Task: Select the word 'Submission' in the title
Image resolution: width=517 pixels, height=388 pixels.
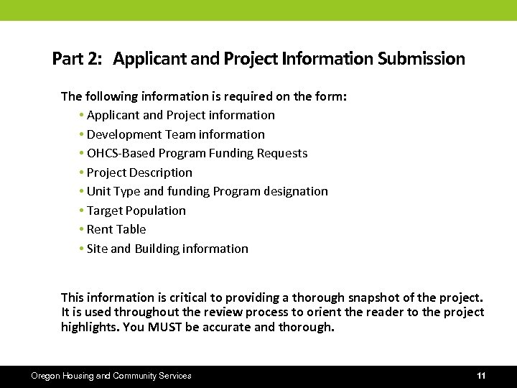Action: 421,59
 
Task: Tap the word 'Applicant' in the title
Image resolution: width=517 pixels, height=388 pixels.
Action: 144,59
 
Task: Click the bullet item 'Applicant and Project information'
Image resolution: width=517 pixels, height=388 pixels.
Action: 180,115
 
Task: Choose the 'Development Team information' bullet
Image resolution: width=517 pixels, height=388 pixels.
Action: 175,134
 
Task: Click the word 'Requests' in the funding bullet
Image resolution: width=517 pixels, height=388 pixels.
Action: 283,153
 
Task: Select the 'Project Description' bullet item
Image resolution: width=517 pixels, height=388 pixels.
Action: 139,172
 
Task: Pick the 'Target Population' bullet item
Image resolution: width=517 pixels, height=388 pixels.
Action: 136,211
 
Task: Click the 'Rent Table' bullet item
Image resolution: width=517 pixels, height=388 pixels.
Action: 116,229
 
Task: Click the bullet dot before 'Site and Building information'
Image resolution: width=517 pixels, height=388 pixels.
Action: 83,249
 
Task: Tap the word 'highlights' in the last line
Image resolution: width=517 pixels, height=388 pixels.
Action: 88,328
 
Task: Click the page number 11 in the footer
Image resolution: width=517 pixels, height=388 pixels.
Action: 481,376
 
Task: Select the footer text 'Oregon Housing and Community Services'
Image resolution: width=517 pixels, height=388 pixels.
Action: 111,376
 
